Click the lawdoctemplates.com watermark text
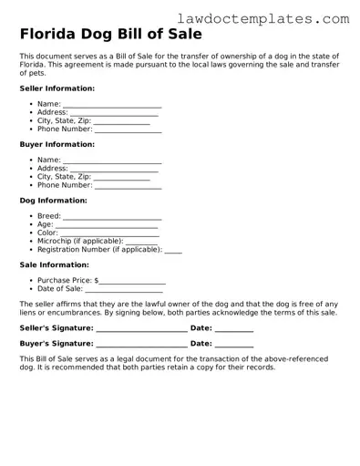pyautogui.click(x=275, y=17)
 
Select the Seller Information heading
pyautogui.click(x=57, y=88)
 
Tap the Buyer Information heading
pyautogui.click(x=57, y=144)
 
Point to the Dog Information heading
pyautogui.click(x=53, y=200)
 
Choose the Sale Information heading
pyautogui.click(x=54, y=264)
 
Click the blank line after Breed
pyautogui.click(x=112, y=217)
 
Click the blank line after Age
pyautogui.click(x=107, y=225)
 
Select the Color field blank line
pyautogui.click(x=110, y=233)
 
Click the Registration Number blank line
pyautogui.click(x=173, y=250)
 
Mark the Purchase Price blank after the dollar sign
pyautogui.click(x=133, y=282)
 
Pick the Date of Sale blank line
pyautogui.click(x=125, y=290)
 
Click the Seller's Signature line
pyautogui.click(x=141, y=329)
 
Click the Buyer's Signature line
pyautogui.click(x=141, y=345)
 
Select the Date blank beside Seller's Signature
pyautogui.click(x=234, y=329)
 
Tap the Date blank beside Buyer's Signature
pyautogui.click(x=234, y=345)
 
